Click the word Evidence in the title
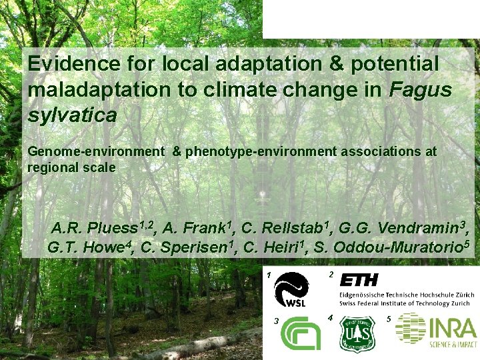[66, 64]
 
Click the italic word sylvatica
[72, 114]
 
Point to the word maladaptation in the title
[100, 89]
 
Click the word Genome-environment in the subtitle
[95, 151]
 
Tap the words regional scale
[71, 167]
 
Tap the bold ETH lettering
[359, 279]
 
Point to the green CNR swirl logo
[301, 333]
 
